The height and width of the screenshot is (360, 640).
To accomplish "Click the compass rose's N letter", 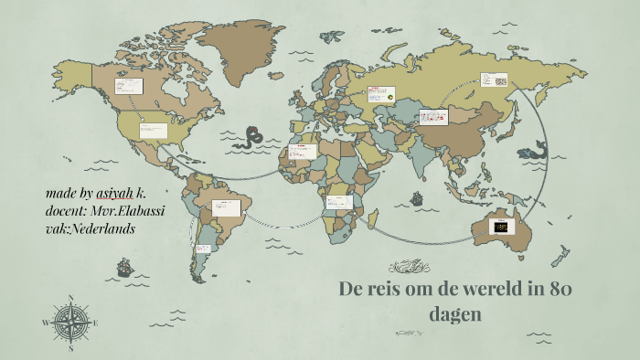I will point(71,298).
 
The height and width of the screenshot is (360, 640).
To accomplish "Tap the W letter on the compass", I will point(46,323).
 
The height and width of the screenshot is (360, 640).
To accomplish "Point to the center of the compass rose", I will point(71,323).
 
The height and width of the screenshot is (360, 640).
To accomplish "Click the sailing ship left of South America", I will point(125,268).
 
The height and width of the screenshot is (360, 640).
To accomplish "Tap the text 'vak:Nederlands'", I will point(90,228).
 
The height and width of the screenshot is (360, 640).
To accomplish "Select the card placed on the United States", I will point(152,131).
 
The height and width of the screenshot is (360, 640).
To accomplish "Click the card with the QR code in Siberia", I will point(495,80).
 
